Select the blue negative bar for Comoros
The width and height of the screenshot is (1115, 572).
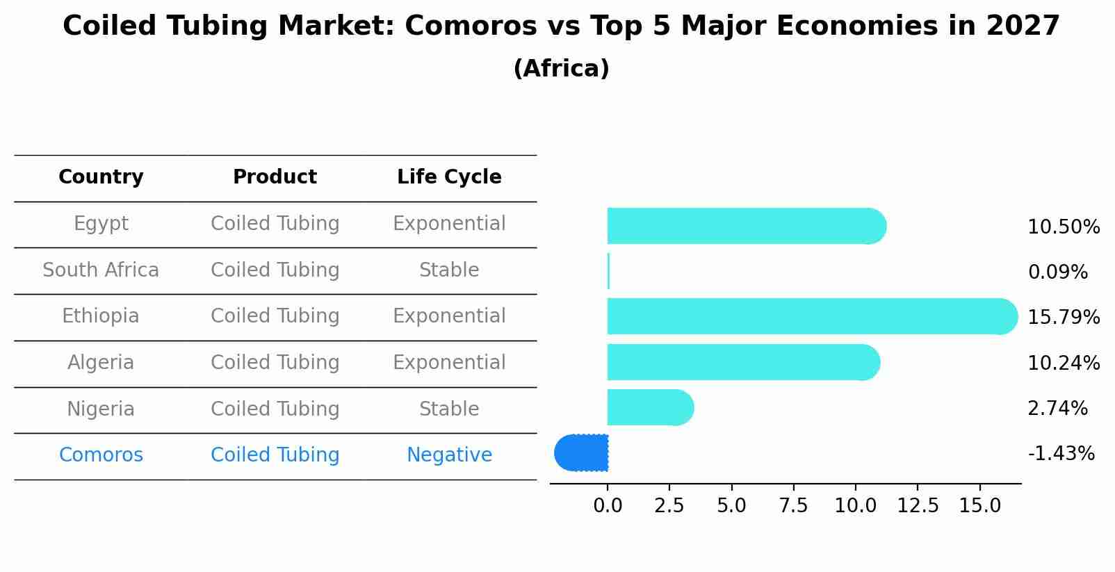tap(582, 453)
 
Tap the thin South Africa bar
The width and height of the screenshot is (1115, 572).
tap(608, 271)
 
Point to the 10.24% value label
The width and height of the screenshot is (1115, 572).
tap(1064, 363)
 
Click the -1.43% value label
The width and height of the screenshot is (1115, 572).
tap(1061, 454)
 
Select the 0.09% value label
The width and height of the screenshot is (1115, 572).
tap(1057, 272)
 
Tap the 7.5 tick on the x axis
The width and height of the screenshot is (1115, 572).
tap(793, 506)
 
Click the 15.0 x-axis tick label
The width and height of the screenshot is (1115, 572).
tap(979, 506)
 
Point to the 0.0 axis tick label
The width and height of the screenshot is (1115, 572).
tap(608, 506)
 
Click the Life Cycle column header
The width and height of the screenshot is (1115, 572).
tap(449, 177)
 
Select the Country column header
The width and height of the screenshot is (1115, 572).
tap(101, 177)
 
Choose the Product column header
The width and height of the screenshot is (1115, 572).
tap(275, 177)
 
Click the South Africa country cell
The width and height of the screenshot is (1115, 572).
tap(101, 270)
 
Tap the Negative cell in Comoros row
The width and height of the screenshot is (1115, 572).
tap(449, 455)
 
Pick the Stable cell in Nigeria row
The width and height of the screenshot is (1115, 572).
tap(449, 409)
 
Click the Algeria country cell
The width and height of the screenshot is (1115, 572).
tap(101, 363)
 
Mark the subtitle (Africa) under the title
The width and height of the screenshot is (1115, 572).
tap(561, 69)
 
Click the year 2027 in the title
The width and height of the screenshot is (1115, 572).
tap(1023, 26)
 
